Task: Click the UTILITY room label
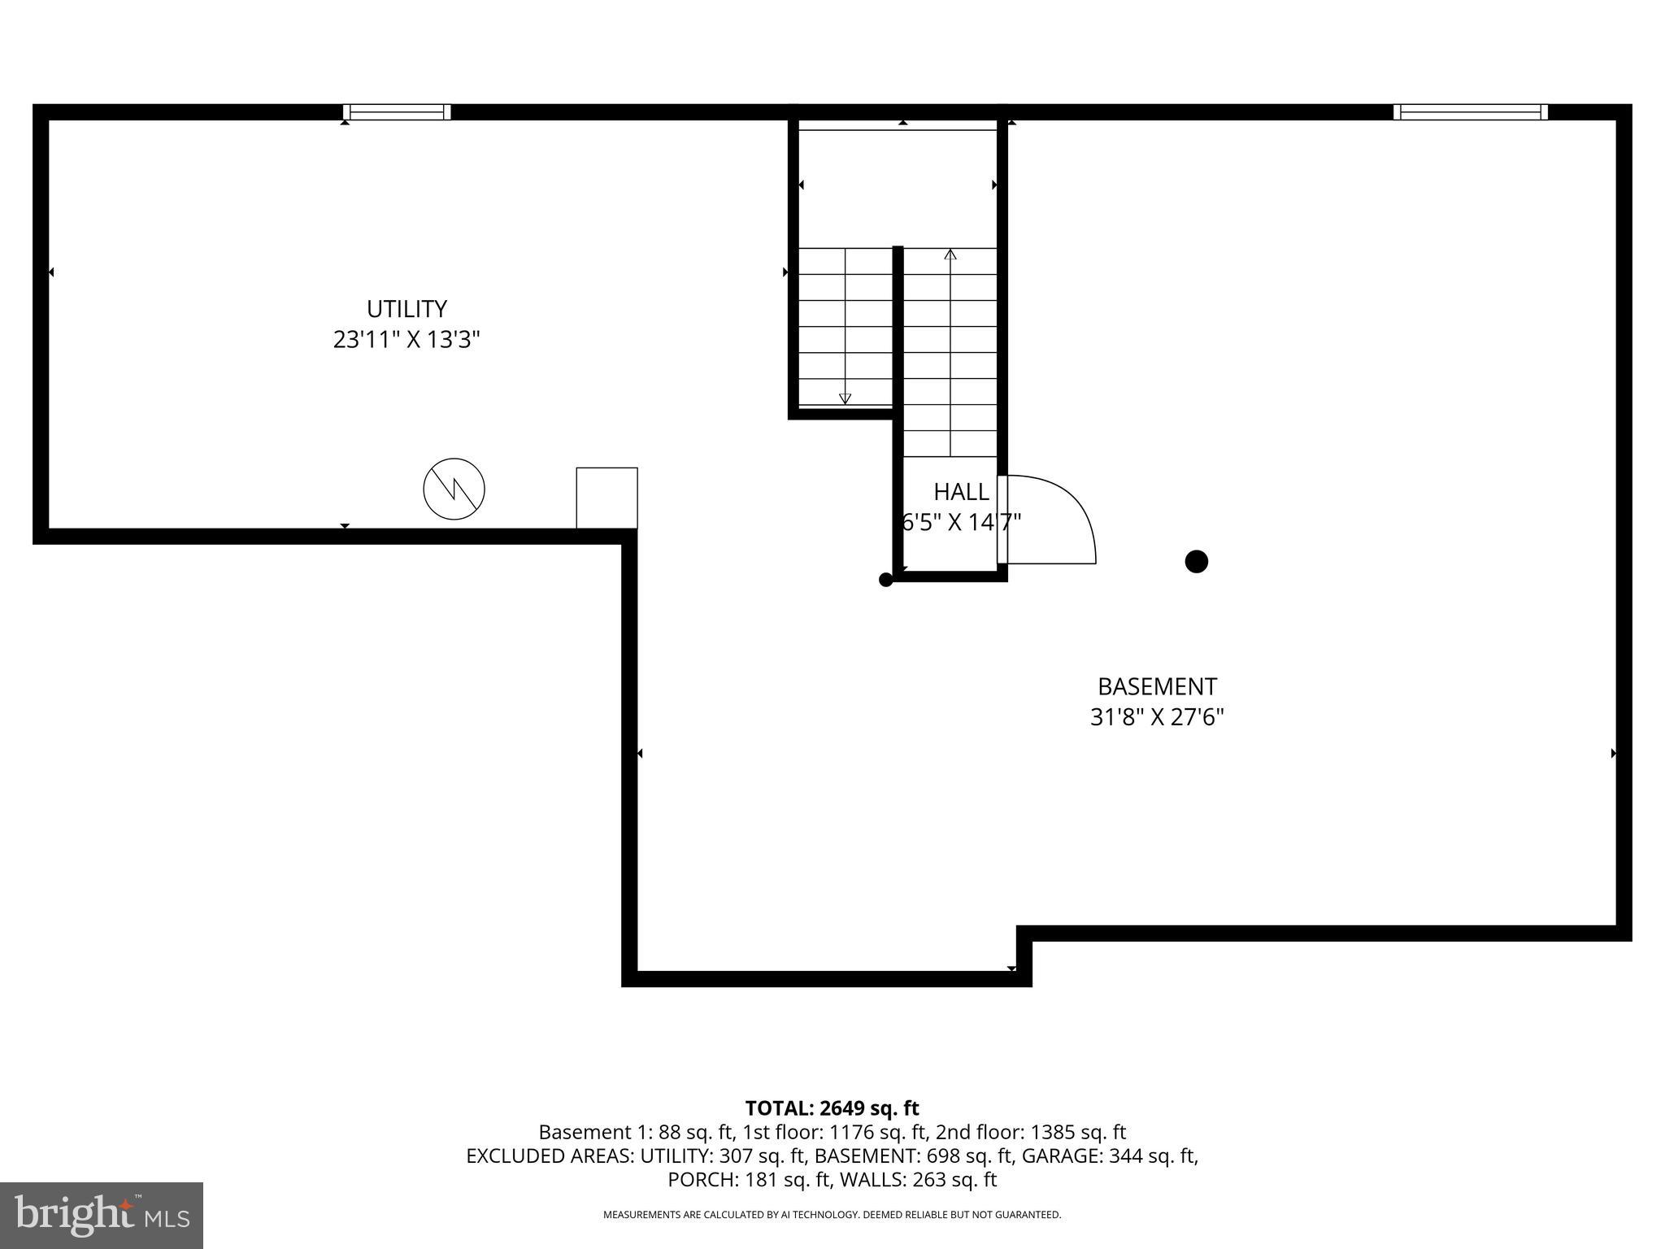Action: point(406,309)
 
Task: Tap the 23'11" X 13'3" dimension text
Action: point(406,339)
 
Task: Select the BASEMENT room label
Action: point(1157,686)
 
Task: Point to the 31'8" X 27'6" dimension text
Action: point(1157,717)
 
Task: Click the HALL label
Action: point(961,492)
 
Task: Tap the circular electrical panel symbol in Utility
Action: point(454,489)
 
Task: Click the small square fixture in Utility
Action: point(606,498)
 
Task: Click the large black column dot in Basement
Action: point(1196,561)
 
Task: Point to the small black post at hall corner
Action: point(886,580)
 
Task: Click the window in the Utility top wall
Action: point(396,112)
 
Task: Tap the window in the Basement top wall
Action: point(1470,112)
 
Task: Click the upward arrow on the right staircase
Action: point(950,255)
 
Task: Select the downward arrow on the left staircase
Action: point(845,398)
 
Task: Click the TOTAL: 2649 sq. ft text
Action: point(832,1108)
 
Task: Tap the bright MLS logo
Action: point(102,1215)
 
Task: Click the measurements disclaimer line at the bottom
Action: point(832,1215)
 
